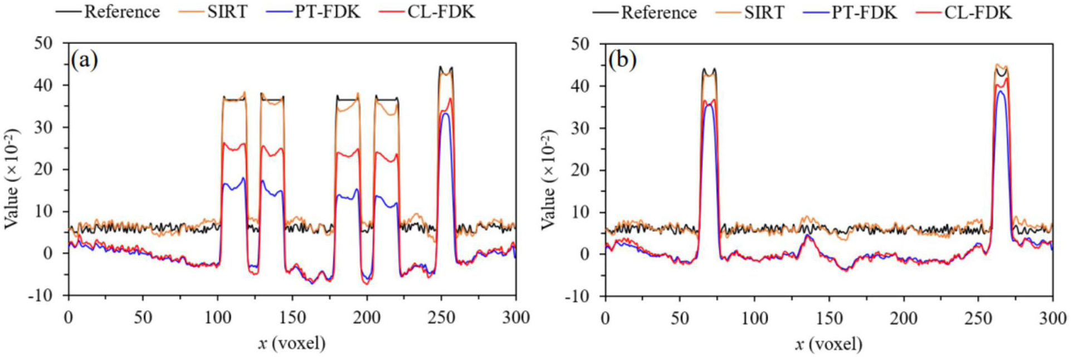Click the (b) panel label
tap(622, 60)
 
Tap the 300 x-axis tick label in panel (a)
tap(515, 318)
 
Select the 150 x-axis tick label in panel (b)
tap(829, 318)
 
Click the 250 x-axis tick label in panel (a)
tap(441, 318)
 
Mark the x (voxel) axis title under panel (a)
tap(291, 343)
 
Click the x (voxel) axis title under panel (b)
tap(829, 344)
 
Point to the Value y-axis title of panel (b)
tap(549, 179)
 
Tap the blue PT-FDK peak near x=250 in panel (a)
tap(445, 114)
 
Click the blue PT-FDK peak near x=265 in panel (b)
tap(1001, 91)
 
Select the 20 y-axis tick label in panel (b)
tap(582, 170)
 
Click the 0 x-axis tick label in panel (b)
tap(606, 318)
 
